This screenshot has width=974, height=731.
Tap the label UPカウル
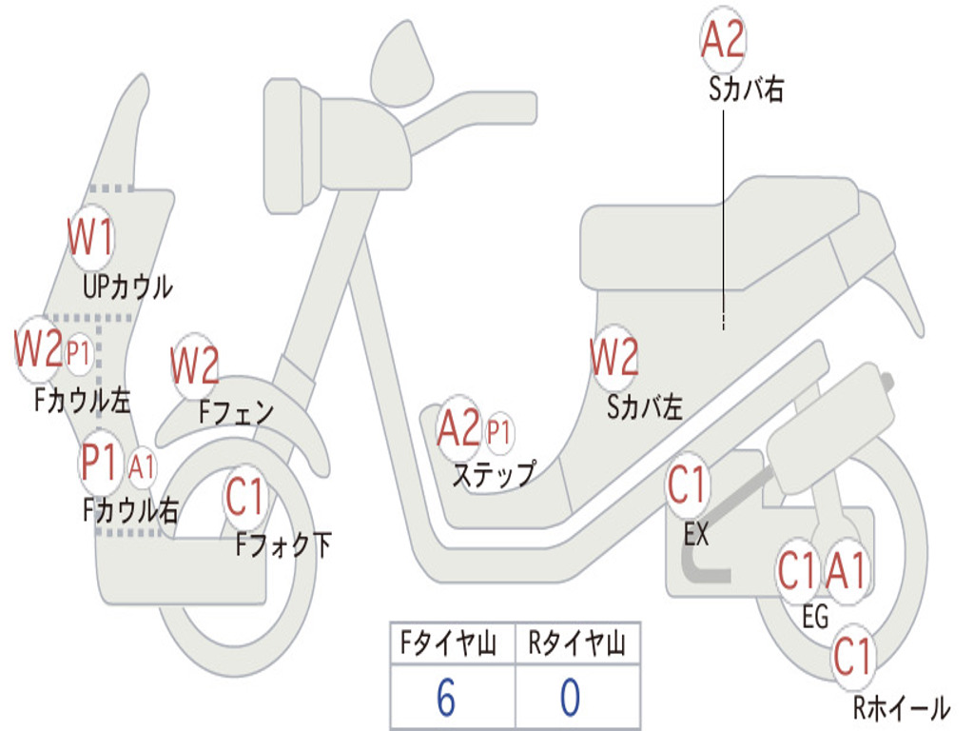pyautogui.click(x=127, y=286)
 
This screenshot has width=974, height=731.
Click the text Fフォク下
pyautogui.click(x=283, y=545)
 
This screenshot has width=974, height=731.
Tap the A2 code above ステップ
pyautogui.click(x=459, y=430)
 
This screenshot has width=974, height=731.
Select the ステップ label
pyautogui.click(x=493, y=474)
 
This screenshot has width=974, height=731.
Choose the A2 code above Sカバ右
pyautogui.click(x=723, y=40)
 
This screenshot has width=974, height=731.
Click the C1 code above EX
pyautogui.click(x=687, y=486)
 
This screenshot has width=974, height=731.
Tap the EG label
pyautogui.click(x=815, y=617)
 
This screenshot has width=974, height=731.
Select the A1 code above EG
pyautogui.click(x=847, y=572)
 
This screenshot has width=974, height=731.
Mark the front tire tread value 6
pyautogui.click(x=445, y=698)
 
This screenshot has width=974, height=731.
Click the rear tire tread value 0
pyautogui.click(x=570, y=698)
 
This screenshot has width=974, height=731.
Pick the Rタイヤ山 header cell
pyautogui.click(x=576, y=645)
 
